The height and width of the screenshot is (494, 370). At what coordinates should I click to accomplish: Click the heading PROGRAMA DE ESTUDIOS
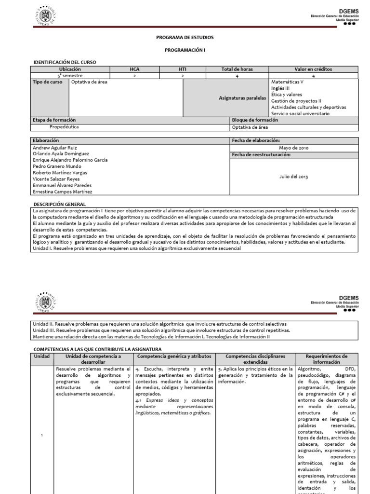[x=185, y=37]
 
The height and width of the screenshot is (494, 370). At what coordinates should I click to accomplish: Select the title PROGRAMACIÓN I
[x=185, y=50]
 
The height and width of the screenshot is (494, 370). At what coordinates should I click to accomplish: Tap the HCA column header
[x=134, y=69]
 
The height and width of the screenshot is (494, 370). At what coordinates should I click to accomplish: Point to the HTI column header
[x=183, y=69]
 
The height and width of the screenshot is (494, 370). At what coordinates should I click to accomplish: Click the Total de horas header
[x=237, y=69]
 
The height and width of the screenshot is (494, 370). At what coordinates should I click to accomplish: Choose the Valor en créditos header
[x=313, y=69]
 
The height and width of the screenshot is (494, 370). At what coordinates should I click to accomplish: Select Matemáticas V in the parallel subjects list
[x=287, y=82]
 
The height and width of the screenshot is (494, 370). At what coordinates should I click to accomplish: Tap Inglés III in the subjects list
[x=281, y=88]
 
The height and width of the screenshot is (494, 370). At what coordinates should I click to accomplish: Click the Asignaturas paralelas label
[x=242, y=97]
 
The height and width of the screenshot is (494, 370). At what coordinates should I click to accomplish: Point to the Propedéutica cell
[x=64, y=126]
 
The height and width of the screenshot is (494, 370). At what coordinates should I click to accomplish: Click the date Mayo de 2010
[x=293, y=148]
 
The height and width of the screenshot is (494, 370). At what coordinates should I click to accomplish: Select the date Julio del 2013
[x=293, y=177]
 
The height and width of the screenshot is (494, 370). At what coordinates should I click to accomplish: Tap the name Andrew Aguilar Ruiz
[x=54, y=148]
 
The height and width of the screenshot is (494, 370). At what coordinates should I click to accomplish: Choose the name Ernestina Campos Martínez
[x=62, y=192]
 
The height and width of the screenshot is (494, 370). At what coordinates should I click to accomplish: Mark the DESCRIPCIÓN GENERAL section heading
[x=59, y=205]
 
